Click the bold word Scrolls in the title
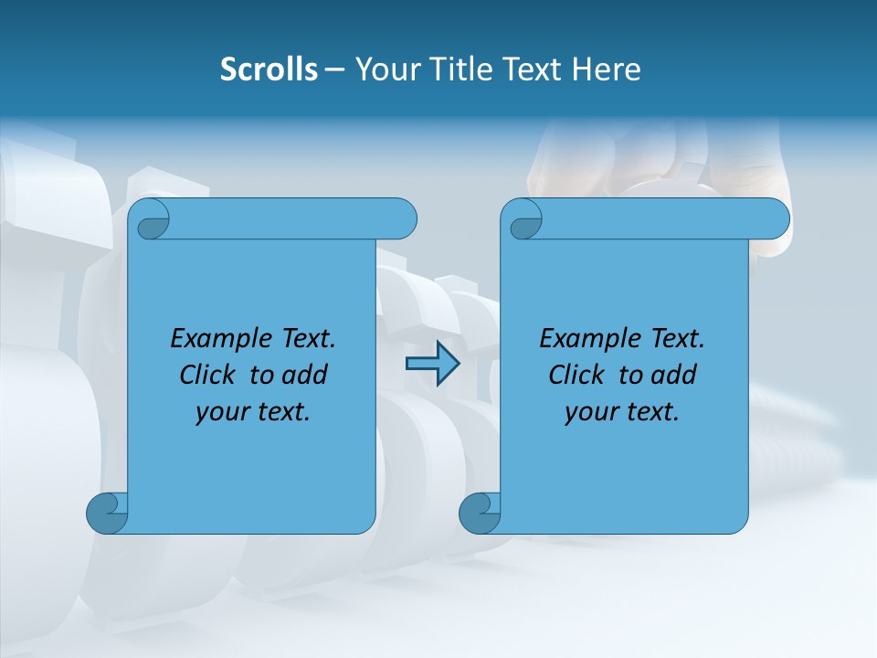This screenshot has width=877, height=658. tap(269, 69)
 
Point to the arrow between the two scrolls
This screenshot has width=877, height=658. tap(432, 364)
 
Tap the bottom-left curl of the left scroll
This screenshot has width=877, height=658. tap(107, 513)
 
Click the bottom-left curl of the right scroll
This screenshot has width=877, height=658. tap(480, 513)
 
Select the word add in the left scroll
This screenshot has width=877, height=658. tap(305, 376)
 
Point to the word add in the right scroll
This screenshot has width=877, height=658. tap(674, 376)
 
